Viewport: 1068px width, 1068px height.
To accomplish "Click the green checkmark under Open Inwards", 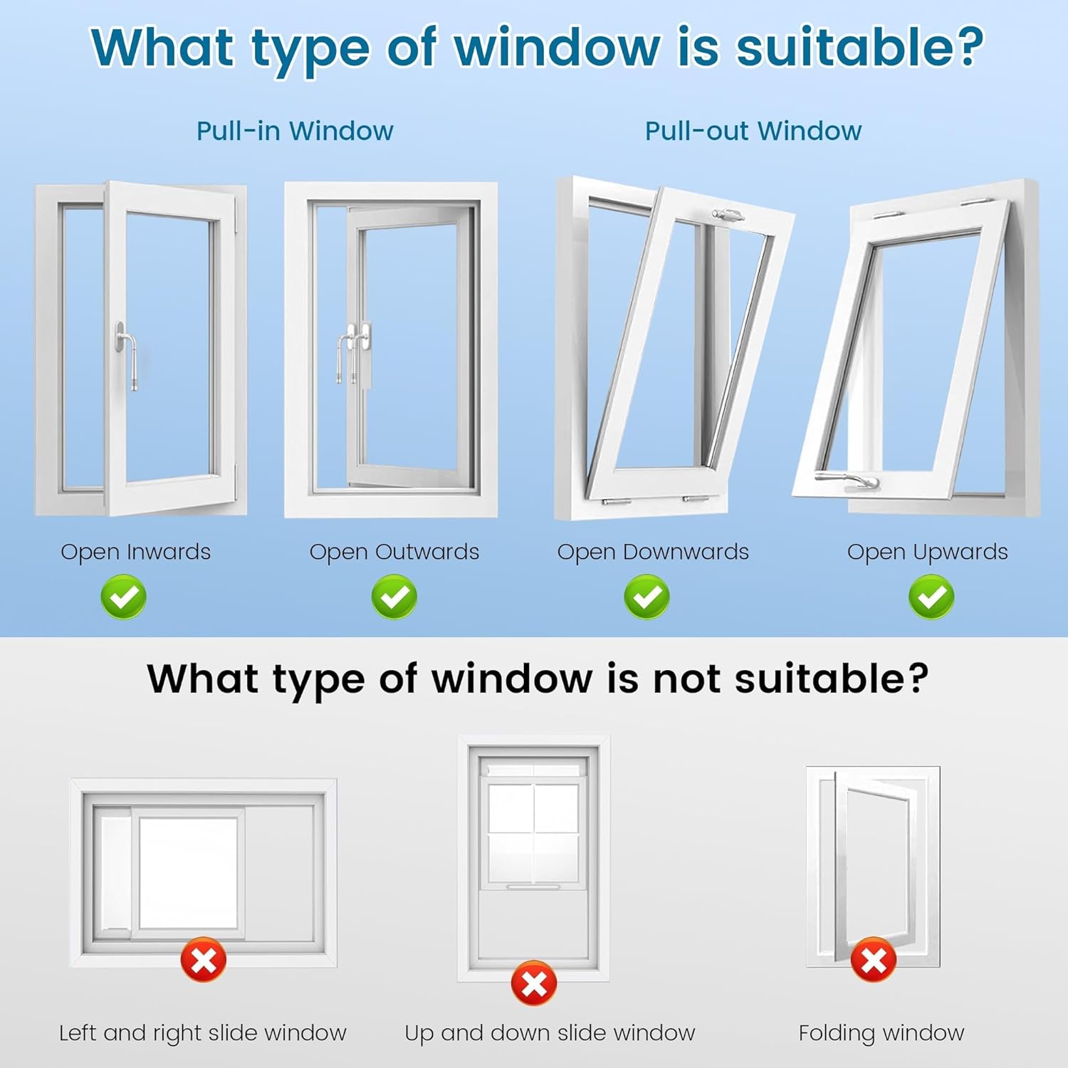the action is [123, 597].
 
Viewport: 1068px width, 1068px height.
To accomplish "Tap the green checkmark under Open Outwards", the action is [394, 597].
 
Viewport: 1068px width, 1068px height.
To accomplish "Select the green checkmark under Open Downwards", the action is [646, 597].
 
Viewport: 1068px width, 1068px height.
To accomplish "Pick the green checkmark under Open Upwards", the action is [931, 597].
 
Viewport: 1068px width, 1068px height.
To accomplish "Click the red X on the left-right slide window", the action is [204, 960].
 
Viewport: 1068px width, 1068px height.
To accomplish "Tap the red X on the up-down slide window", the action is [534, 983].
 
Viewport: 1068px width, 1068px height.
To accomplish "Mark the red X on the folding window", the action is [874, 960].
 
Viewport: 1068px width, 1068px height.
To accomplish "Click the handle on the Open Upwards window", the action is [847, 481].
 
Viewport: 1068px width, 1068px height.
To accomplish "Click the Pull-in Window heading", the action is [295, 131].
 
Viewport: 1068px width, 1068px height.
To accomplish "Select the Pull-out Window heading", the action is [753, 131].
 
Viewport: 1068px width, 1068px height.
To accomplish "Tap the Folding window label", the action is [881, 1032].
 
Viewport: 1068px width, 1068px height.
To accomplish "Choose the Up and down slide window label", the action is [550, 1032].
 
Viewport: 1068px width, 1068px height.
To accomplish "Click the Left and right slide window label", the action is [203, 1032].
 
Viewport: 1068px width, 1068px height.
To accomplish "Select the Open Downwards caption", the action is [653, 552].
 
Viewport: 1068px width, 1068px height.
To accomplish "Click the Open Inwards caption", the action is [135, 552].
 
